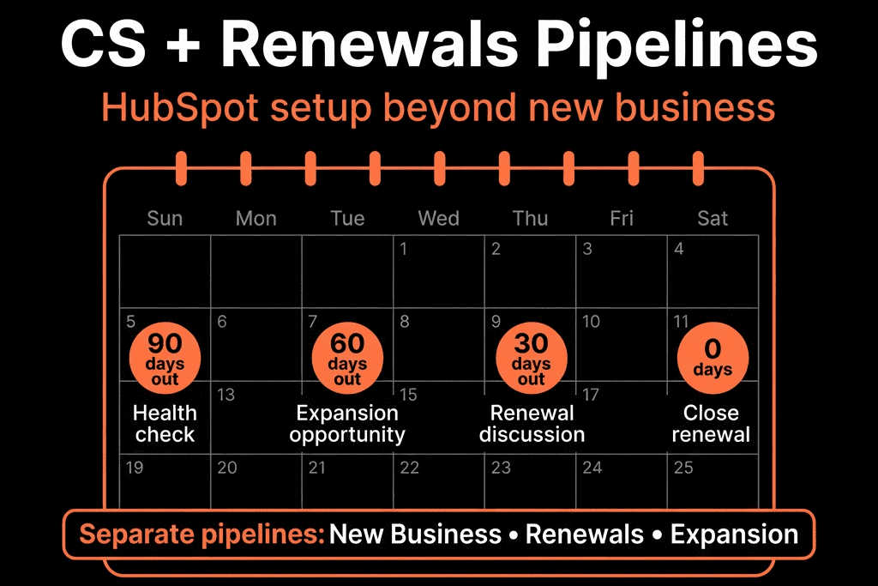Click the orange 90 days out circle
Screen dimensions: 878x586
165,358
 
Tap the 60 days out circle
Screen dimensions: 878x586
347,358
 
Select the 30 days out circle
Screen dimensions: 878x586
532,358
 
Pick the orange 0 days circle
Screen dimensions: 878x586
713,358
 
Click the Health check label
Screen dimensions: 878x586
165,424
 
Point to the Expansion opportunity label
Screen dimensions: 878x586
347,425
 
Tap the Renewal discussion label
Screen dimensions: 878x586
532,424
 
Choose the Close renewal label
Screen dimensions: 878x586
711,424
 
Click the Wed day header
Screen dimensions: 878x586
438,218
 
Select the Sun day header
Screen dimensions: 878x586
165,218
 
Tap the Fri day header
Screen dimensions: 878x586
622,218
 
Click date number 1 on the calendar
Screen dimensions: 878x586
403,249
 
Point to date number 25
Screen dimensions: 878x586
683,468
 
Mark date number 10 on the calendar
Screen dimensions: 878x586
591,322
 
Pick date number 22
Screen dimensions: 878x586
409,468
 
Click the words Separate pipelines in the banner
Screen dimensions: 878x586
202,535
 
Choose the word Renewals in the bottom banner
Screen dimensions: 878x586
585,534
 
